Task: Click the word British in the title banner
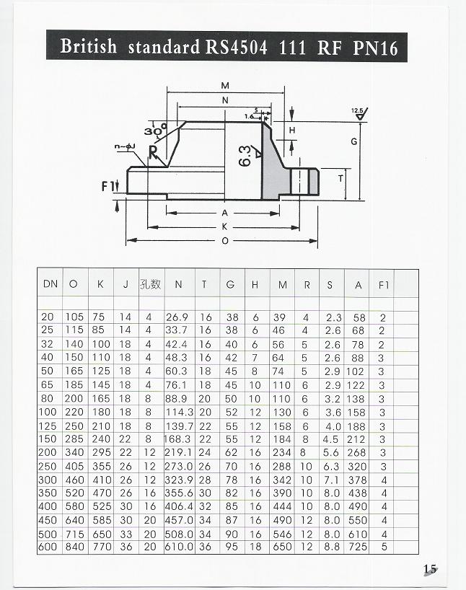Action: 89,46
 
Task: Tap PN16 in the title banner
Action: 375,48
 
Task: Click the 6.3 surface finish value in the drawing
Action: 245,156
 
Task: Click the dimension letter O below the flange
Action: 225,241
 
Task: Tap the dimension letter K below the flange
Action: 225,227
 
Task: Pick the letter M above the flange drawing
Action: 225,86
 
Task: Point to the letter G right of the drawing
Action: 354,142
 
